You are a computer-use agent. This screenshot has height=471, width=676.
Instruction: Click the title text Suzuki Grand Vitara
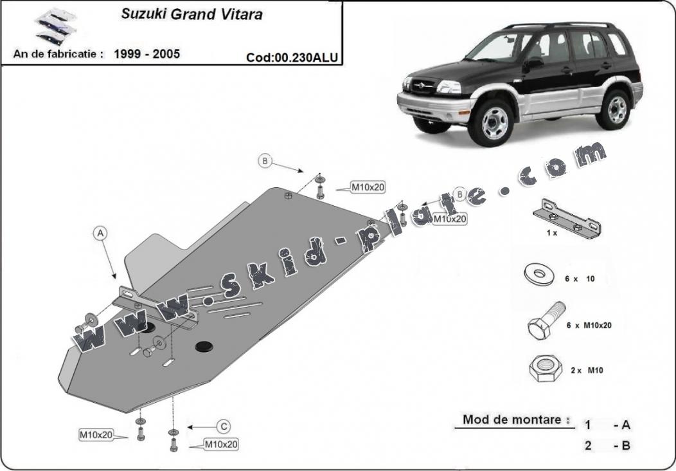[x=191, y=15]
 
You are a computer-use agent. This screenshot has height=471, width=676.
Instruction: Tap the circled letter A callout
[x=100, y=234]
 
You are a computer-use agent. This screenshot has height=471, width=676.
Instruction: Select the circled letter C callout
[x=223, y=426]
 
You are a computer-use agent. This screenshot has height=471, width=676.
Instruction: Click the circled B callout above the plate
[x=265, y=161]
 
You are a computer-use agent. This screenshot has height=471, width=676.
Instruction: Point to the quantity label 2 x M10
[x=587, y=370]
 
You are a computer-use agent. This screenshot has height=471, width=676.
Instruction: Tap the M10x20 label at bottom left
[x=96, y=435]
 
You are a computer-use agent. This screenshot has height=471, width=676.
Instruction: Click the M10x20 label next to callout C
[x=221, y=444]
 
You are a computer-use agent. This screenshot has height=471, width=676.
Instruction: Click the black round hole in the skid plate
[x=205, y=347]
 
